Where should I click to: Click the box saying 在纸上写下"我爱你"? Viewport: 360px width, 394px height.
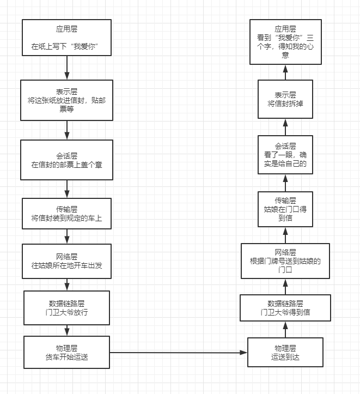(x=66, y=38)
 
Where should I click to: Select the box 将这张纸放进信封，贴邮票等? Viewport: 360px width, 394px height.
(x=66, y=100)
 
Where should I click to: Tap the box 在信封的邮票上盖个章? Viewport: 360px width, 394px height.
(x=66, y=160)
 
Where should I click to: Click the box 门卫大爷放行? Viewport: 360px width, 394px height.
(x=66, y=307)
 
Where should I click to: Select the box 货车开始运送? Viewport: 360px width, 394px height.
(x=66, y=353)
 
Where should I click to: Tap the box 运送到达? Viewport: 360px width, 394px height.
(x=285, y=353)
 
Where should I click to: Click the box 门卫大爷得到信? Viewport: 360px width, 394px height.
(x=285, y=307)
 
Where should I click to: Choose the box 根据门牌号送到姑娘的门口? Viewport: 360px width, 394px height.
(x=285, y=260)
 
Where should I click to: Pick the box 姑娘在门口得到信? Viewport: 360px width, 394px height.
(x=285, y=209)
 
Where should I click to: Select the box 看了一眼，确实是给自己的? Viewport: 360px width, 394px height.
(x=285, y=155)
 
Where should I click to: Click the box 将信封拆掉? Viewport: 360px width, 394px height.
(x=285, y=99)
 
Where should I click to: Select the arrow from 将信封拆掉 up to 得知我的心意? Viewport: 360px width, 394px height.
(x=285, y=72)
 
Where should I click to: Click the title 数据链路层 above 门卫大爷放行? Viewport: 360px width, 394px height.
(x=66, y=303)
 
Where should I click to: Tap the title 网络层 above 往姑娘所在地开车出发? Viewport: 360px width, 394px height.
(x=66, y=257)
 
